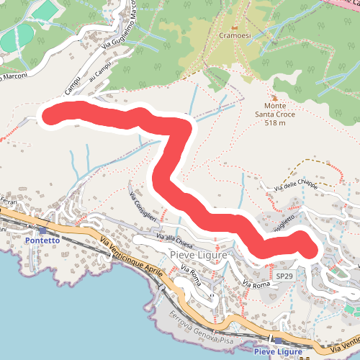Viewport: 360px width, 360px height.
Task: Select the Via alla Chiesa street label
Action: click(165, 239)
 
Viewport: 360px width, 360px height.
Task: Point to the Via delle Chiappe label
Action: click(295, 185)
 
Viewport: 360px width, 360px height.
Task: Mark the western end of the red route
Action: click(49, 114)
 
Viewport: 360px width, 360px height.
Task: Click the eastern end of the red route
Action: click(309, 250)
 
